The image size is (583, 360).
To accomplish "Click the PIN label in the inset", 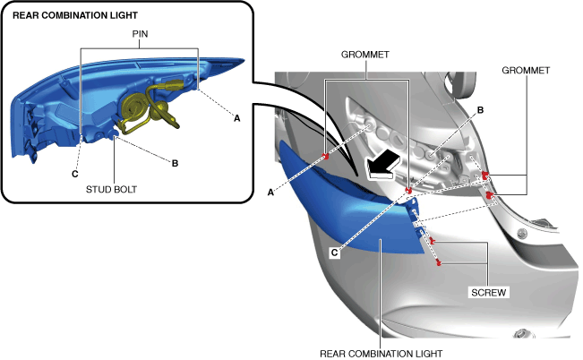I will point(140,34).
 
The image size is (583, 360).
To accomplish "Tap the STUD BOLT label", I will point(115,190).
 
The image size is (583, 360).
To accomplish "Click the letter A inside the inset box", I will point(236,117).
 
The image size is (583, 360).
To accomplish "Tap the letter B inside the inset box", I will point(175,162).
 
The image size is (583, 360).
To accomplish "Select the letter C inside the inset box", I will point(75,173).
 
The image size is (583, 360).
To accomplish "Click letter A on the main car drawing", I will point(270,190).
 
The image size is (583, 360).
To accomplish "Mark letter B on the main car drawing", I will point(480,109).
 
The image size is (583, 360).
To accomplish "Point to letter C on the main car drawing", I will point(334,253).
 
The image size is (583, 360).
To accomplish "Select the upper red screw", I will point(432,242).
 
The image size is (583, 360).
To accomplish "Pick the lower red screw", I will point(438,261).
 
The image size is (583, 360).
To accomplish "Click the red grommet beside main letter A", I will point(326,157).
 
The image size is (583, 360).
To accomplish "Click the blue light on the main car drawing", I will point(358,215).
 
